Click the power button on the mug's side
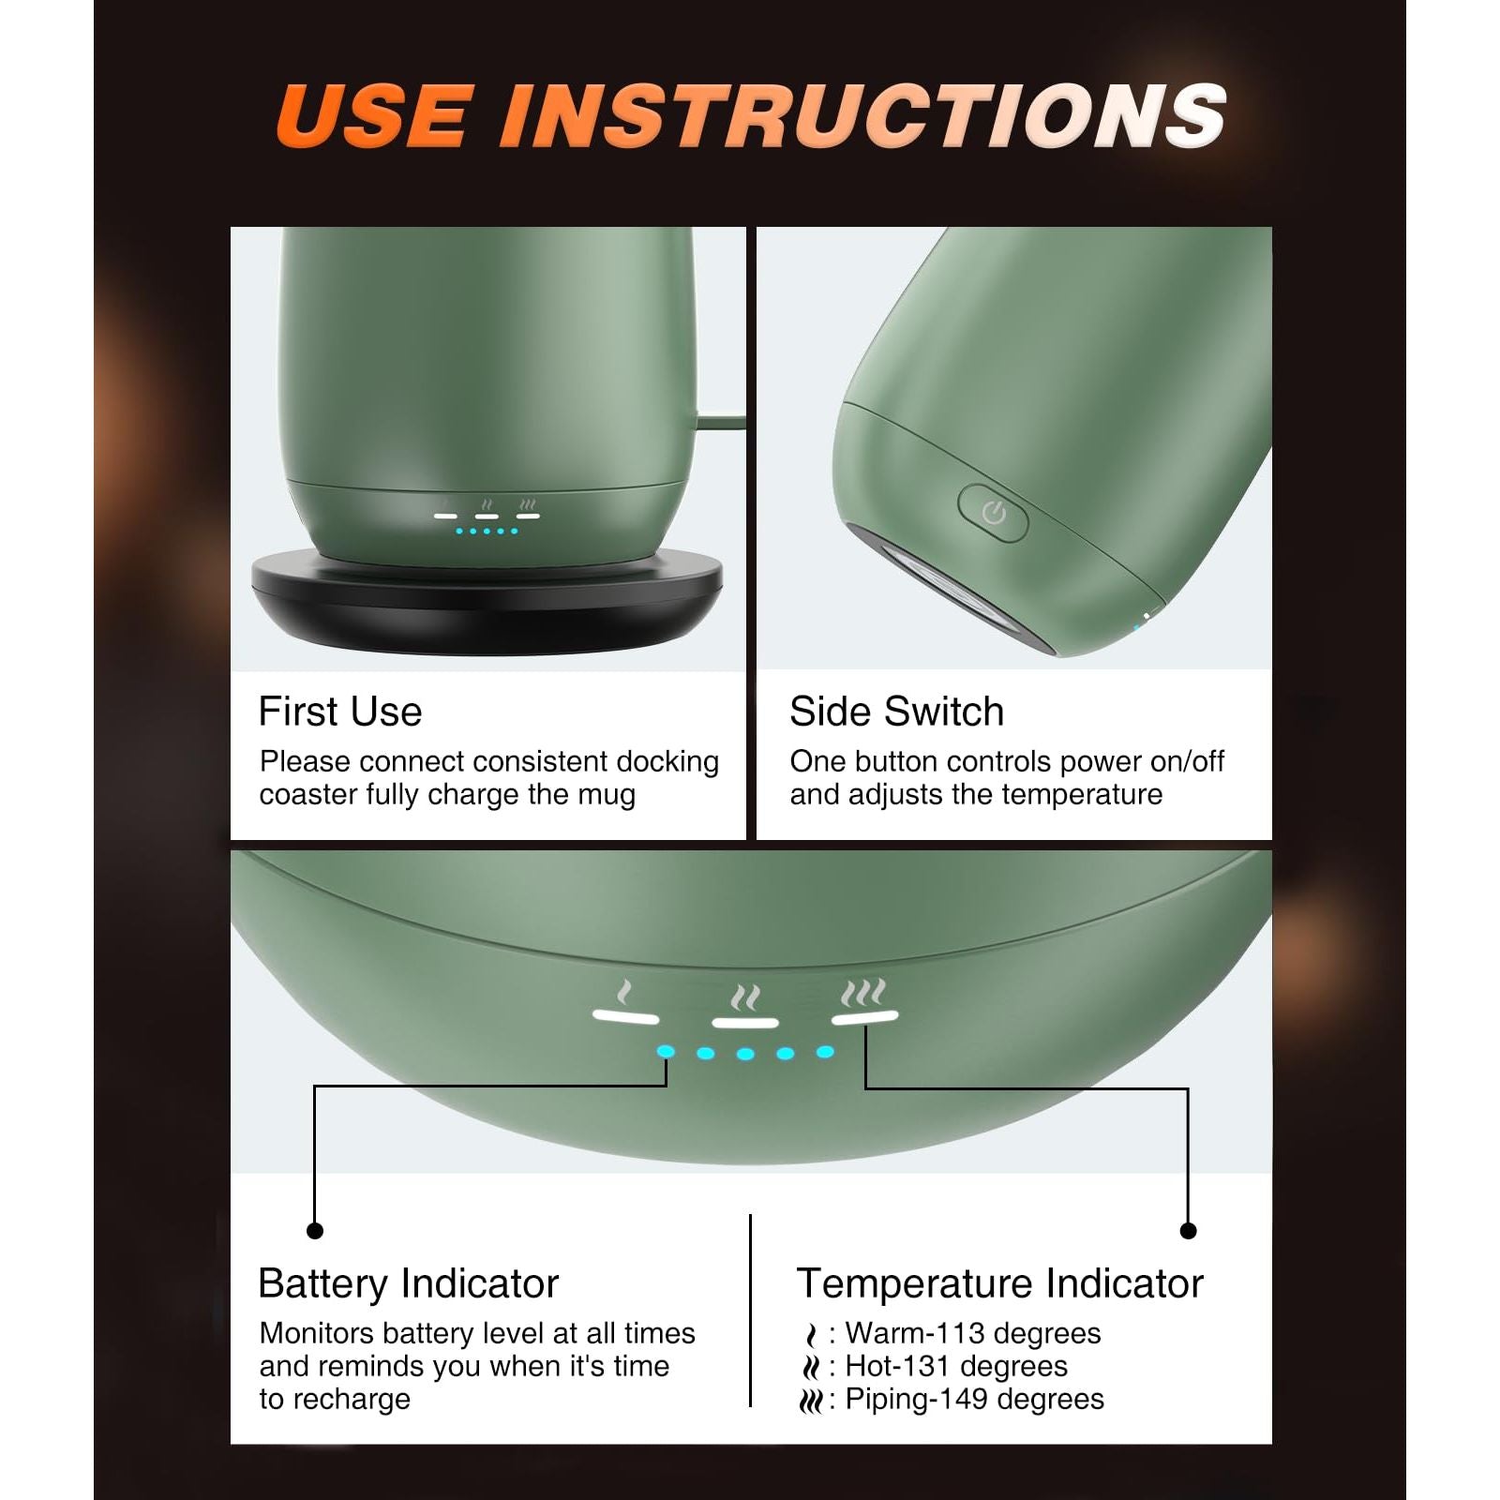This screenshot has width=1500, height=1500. tap(993, 512)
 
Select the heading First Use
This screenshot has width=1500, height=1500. tap(340, 712)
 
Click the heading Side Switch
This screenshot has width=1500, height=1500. tap(896, 712)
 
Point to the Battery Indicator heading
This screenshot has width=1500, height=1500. tap(409, 1283)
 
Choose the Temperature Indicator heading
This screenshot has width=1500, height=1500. tap(999, 1283)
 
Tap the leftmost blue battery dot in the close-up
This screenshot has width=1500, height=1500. tap(666, 1052)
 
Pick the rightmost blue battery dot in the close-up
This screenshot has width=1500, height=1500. tap(825, 1052)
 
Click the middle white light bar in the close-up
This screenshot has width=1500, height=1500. tap(745, 1023)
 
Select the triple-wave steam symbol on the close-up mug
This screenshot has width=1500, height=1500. tap(863, 993)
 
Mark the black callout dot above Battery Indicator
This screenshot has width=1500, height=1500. tap(315, 1230)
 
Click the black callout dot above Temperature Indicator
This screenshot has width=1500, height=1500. tap(1188, 1230)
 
